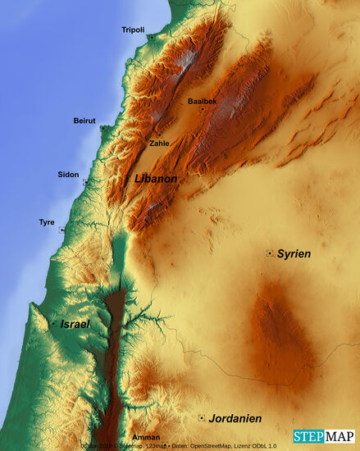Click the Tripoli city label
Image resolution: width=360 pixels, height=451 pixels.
[133, 30]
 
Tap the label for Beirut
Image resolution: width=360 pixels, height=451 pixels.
[84, 121]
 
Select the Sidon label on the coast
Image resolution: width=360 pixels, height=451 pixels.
[68, 174]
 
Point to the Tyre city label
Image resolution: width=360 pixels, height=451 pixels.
[47, 222]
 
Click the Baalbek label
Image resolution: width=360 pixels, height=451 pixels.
[202, 101]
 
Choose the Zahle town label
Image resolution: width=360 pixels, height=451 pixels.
[159, 143]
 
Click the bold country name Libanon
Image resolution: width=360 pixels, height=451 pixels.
[156, 178]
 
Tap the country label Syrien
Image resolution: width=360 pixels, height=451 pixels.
[294, 254]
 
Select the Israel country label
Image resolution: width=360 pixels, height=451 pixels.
[75, 324]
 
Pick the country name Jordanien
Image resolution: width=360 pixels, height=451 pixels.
[235, 418]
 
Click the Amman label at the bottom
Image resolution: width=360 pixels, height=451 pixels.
[146, 438]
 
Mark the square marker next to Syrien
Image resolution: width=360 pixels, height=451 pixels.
[269, 253]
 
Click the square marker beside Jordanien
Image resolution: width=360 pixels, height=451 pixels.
[201, 417]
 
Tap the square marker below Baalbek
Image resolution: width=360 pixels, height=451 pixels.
[202, 109]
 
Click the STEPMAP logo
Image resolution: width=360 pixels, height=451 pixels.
[324, 435]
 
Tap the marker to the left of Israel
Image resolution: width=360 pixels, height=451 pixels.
[53, 324]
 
